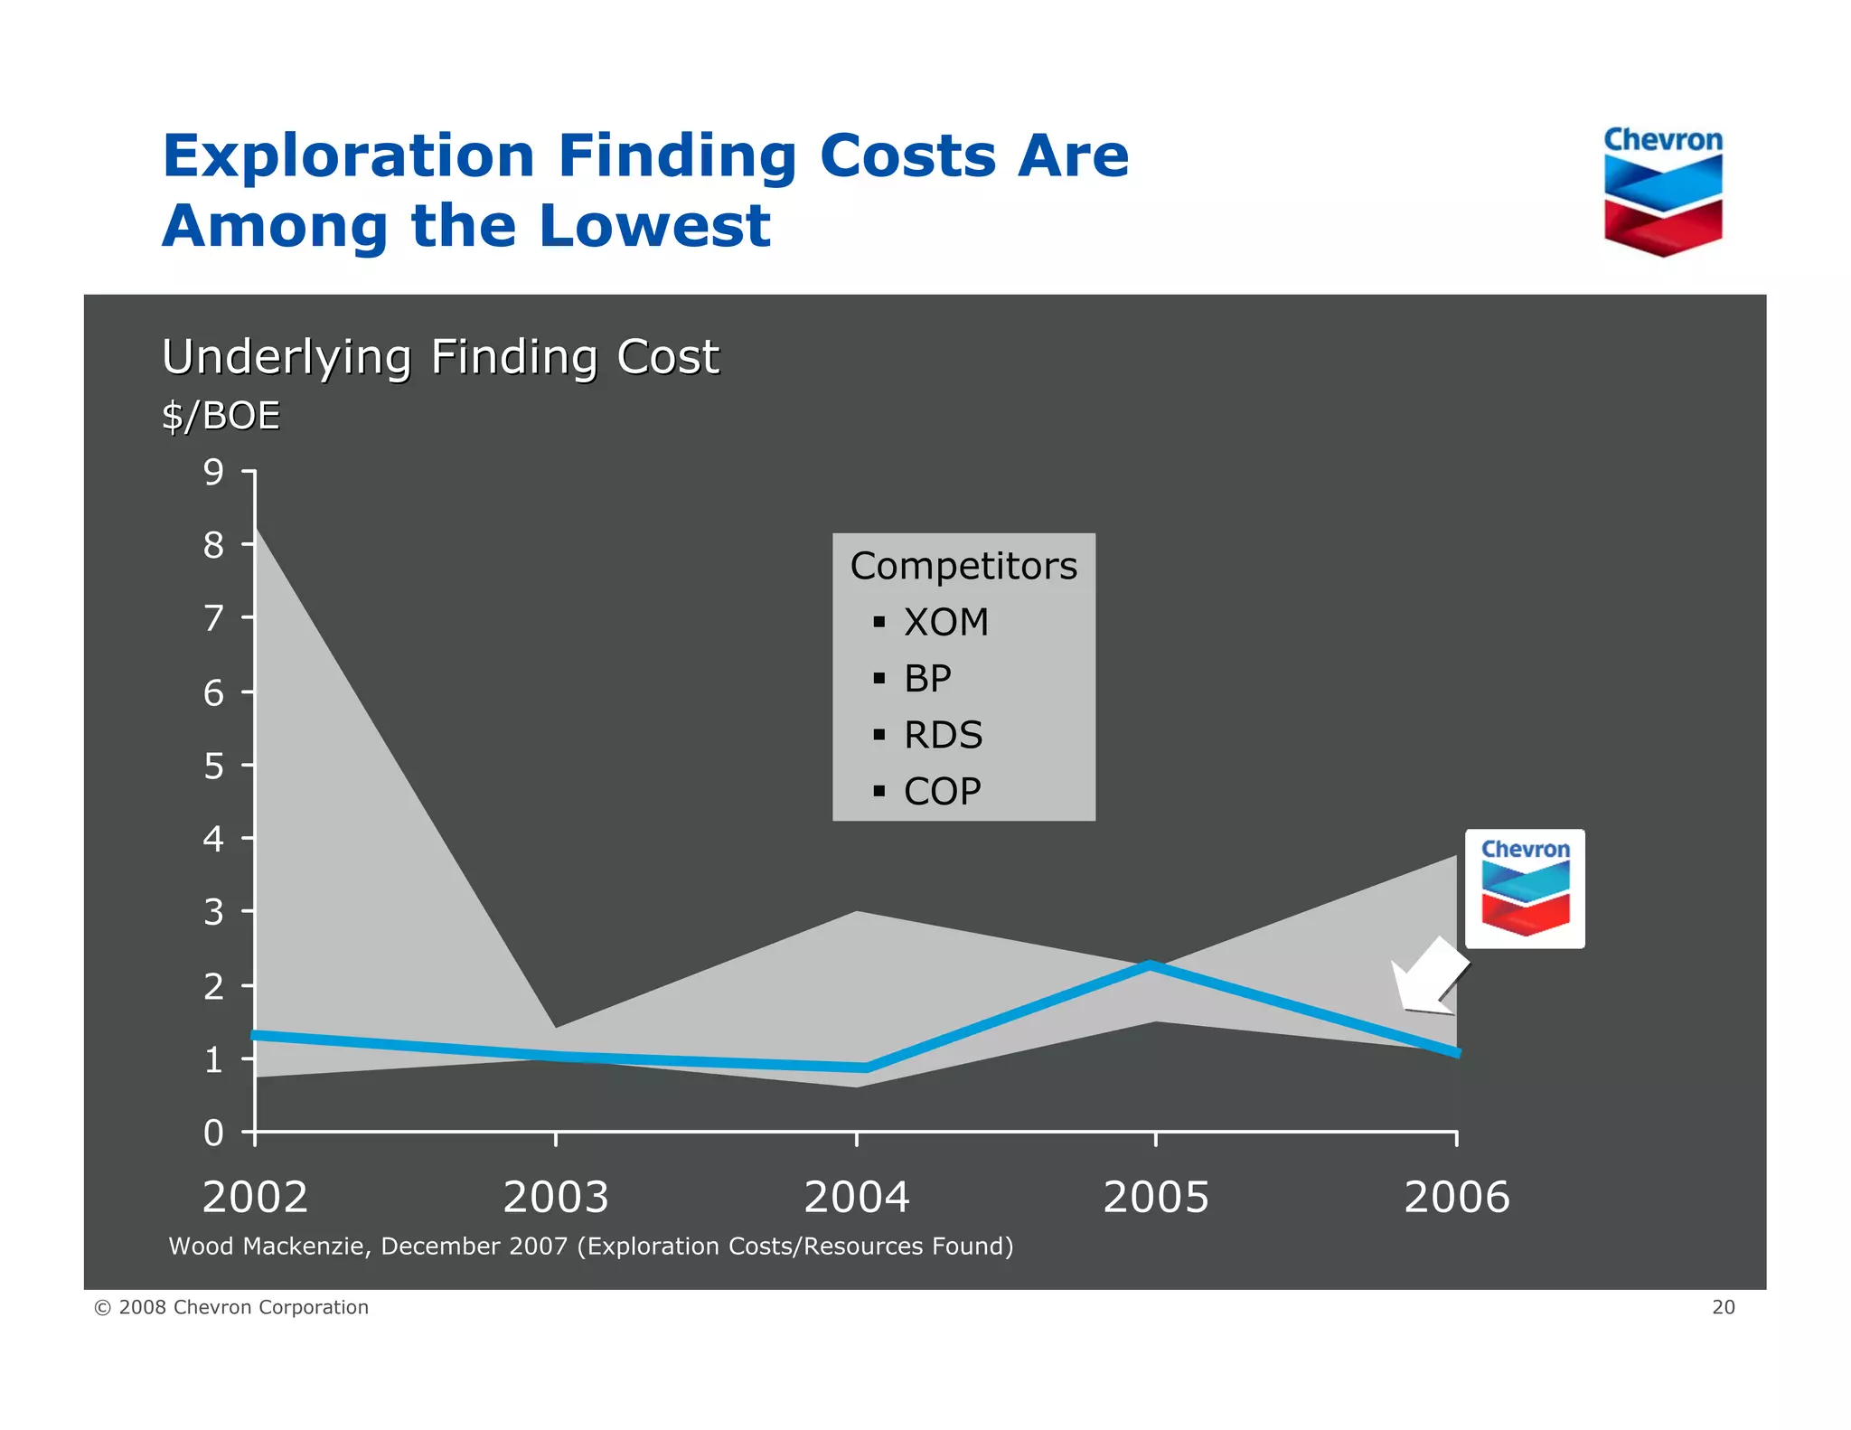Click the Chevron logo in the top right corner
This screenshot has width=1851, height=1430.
tap(1662, 192)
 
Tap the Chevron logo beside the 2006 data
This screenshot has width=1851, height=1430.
tap(1525, 889)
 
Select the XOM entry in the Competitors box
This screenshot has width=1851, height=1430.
tap(945, 623)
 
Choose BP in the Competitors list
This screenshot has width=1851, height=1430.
tap(927, 679)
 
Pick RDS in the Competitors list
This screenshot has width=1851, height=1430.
tap(943, 735)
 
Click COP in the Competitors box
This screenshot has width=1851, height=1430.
tap(942, 792)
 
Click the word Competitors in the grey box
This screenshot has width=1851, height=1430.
tap(963, 567)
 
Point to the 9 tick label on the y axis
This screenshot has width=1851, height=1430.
tap(213, 472)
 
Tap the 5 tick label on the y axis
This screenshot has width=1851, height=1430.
tap(213, 766)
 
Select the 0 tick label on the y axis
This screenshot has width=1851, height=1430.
tap(213, 1133)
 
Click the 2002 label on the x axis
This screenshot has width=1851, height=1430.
tap(255, 1197)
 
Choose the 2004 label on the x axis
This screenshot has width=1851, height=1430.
tap(856, 1197)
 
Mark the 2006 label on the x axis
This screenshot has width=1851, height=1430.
tap(1456, 1197)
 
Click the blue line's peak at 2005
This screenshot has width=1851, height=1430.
tap(1151, 965)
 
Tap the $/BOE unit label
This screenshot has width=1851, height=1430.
tap(221, 416)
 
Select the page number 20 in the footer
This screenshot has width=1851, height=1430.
tap(1723, 1307)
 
